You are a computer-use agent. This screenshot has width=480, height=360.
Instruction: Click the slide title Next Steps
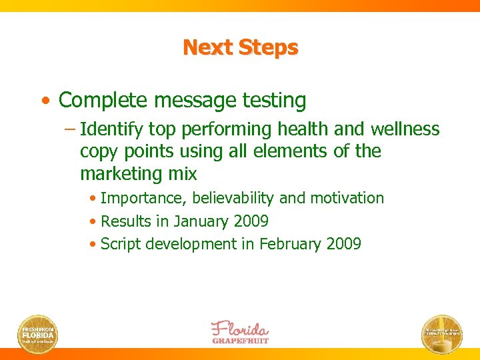240,48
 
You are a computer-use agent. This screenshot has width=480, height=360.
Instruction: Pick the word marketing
120,174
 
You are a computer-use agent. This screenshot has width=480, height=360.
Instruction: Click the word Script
119,244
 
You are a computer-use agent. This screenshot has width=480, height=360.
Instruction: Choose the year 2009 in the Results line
251,221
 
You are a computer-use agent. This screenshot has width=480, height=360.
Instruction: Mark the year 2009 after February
344,244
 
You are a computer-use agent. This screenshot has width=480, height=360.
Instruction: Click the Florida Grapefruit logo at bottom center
240,331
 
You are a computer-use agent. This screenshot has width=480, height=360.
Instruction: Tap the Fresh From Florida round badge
37,333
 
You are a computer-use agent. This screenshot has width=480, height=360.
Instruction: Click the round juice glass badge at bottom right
442,333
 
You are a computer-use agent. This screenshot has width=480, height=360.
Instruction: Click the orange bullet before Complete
44,101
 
